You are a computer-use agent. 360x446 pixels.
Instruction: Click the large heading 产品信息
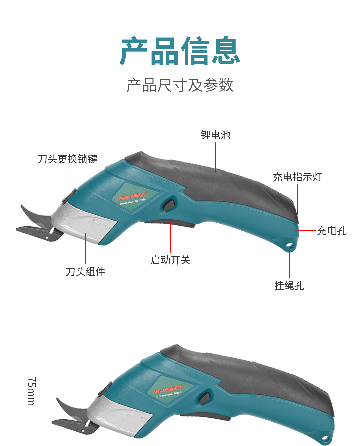coord(180,51)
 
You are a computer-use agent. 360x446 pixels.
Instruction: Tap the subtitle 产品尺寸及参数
coord(180,85)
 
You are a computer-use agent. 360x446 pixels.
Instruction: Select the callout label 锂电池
coord(215,135)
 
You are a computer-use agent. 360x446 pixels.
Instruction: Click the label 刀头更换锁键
coord(67,159)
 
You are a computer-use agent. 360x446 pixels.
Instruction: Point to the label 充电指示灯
coord(297,177)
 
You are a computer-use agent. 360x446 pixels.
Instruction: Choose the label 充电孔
coord(332,231)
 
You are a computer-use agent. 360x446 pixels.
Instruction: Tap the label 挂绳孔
coord(289,286)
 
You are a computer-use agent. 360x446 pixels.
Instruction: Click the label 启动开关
coord(170,260)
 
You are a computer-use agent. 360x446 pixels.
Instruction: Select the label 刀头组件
coord(85,272)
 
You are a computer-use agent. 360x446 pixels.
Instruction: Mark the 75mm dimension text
coord(31,391)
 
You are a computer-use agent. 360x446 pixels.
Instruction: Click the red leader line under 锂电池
coord(215,157)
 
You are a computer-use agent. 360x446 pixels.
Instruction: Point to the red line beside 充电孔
coord(307,230)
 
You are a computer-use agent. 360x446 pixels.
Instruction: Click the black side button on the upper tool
coord(169,205)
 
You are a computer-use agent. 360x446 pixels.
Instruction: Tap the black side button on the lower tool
coord(204,398)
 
